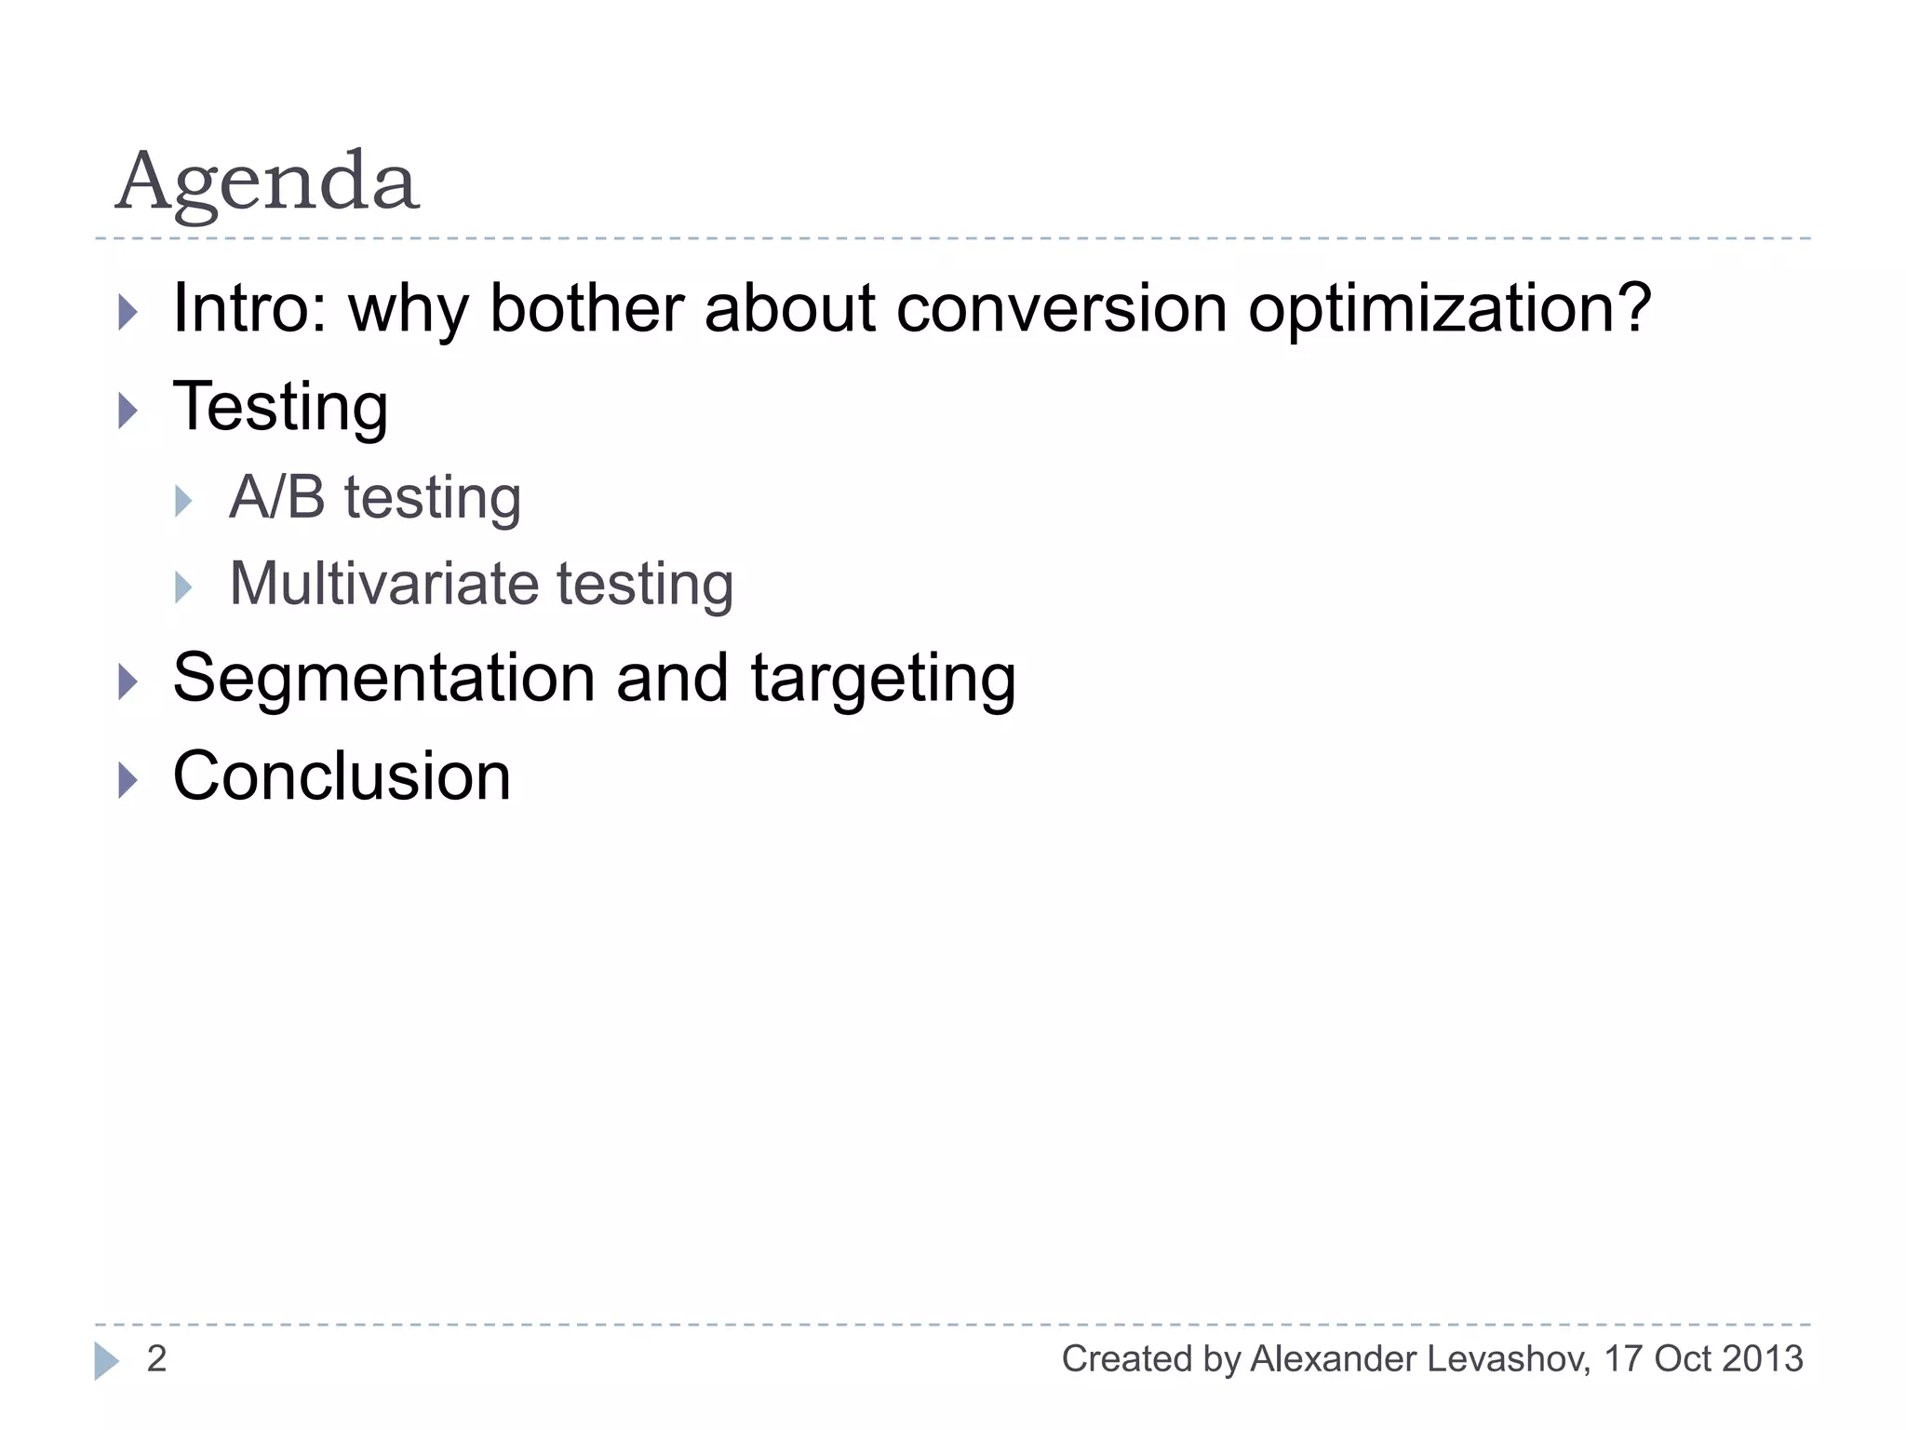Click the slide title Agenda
[267, 182]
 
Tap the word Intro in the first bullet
[246, 308]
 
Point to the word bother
[587, 308]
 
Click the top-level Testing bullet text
[280, 408]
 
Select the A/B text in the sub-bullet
[276, 497]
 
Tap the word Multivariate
[383, 584]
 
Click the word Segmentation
[383, 678]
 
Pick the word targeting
[883, 680]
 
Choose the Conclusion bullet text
[342, 776]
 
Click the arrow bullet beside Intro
[128, 312]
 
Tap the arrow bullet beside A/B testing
[183, 501]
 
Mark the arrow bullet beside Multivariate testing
[183, 587]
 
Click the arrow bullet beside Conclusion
[128, 780]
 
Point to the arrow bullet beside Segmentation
[128, 681]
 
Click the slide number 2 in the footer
[156, 1359]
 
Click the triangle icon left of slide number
[106, 1361]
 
